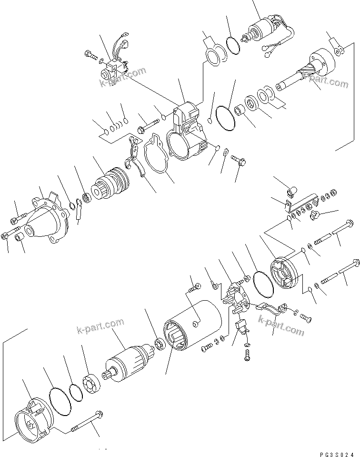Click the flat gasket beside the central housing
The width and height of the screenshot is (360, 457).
click(156, 154)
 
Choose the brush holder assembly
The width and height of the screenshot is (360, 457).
click(235, 297)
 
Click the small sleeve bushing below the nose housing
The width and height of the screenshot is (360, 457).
click(20, 237)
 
